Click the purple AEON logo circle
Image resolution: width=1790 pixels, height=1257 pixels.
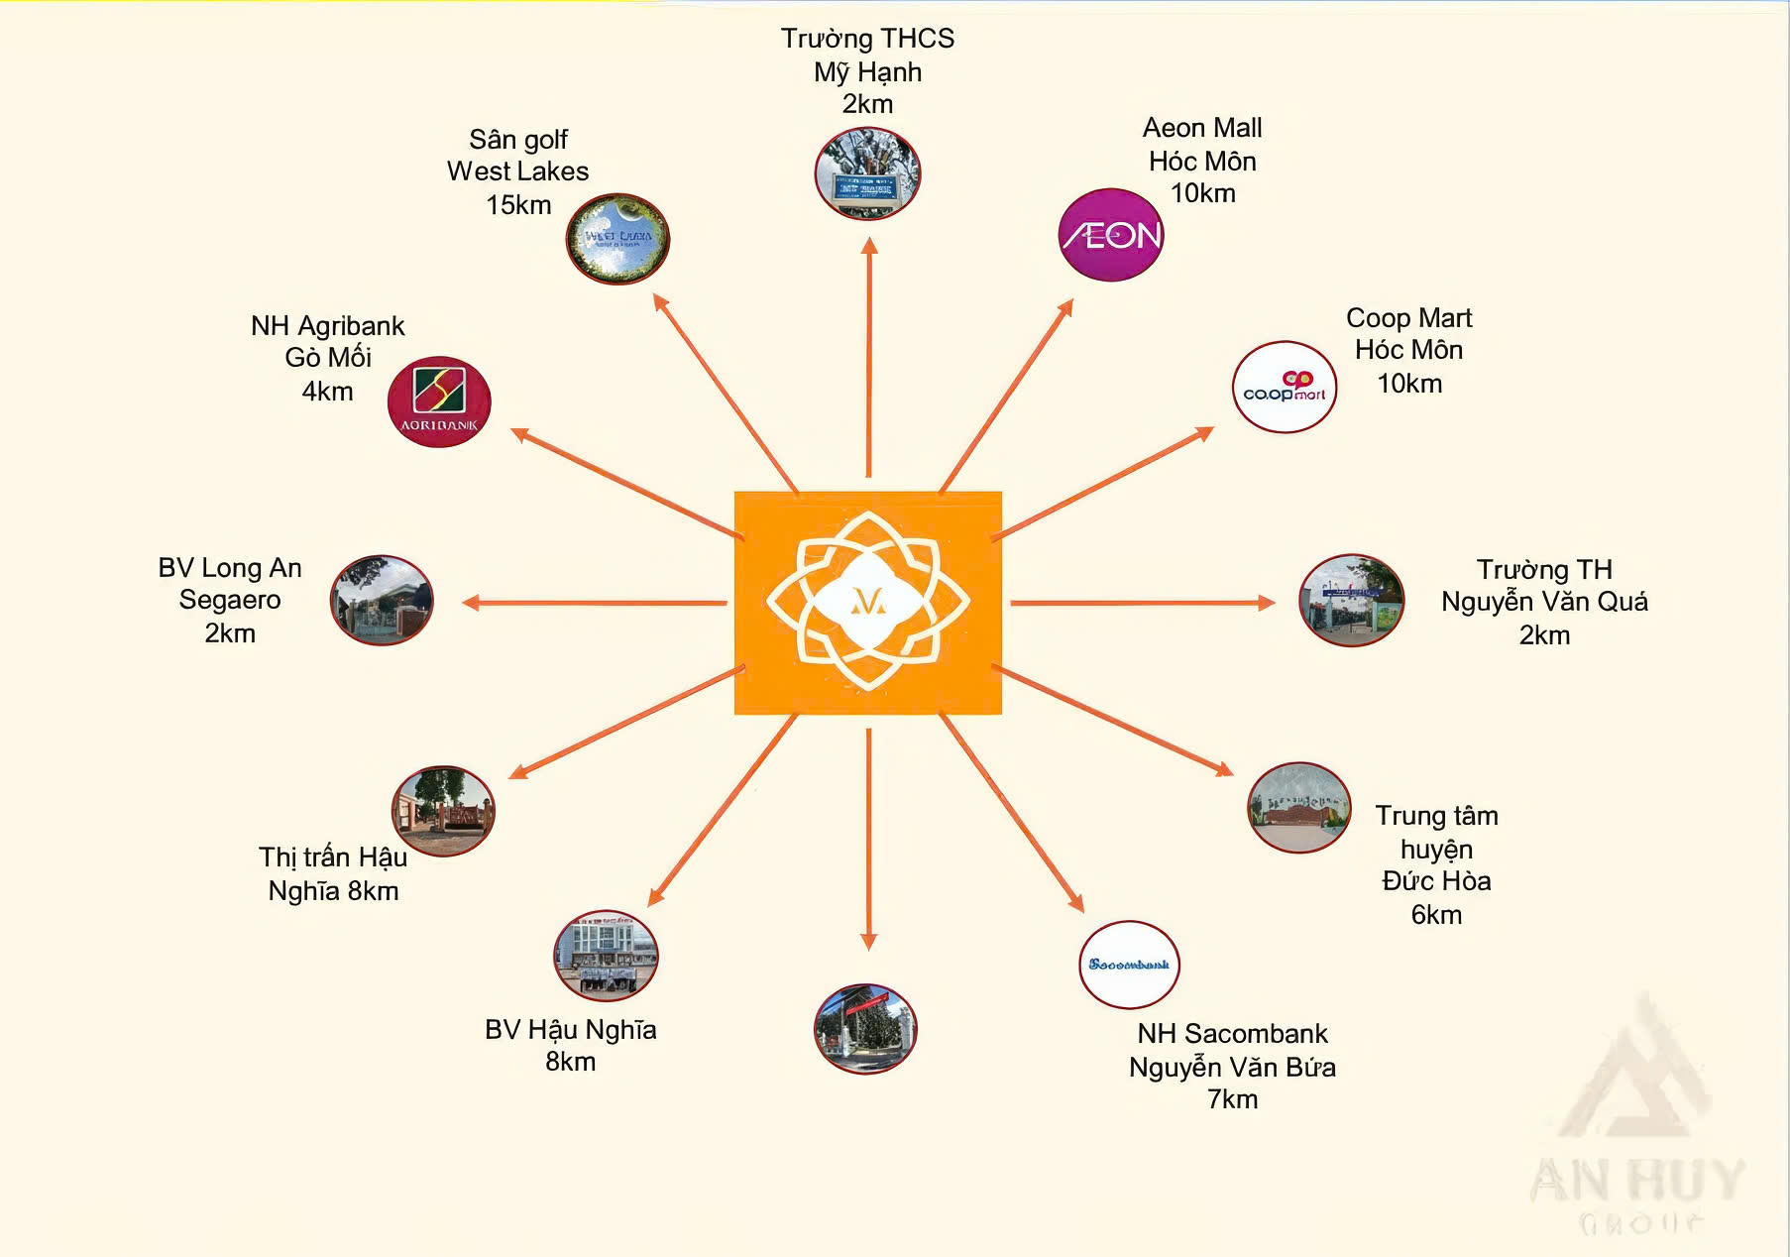click(x=1111, y=235)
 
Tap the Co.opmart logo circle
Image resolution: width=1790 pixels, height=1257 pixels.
click(x=1285, y=387)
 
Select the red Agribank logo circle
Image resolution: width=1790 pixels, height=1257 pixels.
click(x=439, y=401)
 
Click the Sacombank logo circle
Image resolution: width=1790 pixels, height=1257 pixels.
click(x=1129, y=965)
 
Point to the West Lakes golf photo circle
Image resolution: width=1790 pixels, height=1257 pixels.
click(x=618, y=239)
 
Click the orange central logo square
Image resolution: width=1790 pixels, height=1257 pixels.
click(x=868, y=603)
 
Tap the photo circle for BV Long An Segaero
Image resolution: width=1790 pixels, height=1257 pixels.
click(x=382, y=601)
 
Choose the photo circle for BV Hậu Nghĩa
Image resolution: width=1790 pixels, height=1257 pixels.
click(x=606, y=956)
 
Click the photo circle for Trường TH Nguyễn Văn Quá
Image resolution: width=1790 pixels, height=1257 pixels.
click(x=1352, y=601)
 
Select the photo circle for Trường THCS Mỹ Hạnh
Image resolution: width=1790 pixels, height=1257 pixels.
click(x=868, y=173)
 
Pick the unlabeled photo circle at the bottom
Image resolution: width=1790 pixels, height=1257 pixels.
click(x=865, y=1029)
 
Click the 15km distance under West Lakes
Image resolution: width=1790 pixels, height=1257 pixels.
click(x=518, y=205)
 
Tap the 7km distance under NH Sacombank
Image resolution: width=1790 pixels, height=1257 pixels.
click(x=1232, y=1099)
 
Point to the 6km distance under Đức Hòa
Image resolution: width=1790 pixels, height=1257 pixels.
click(x=1436, y=915)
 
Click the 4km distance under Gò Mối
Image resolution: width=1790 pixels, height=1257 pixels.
click(x=327, y=392)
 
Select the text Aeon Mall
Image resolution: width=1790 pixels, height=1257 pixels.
click(x=1202, y=128)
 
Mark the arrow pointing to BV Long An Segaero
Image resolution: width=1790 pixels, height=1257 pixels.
click(x=595, y=603)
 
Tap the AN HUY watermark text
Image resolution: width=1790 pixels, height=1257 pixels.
click(x=1637, y=1181)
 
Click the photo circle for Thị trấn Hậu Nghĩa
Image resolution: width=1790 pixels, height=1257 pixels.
click(x=443, y=811)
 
